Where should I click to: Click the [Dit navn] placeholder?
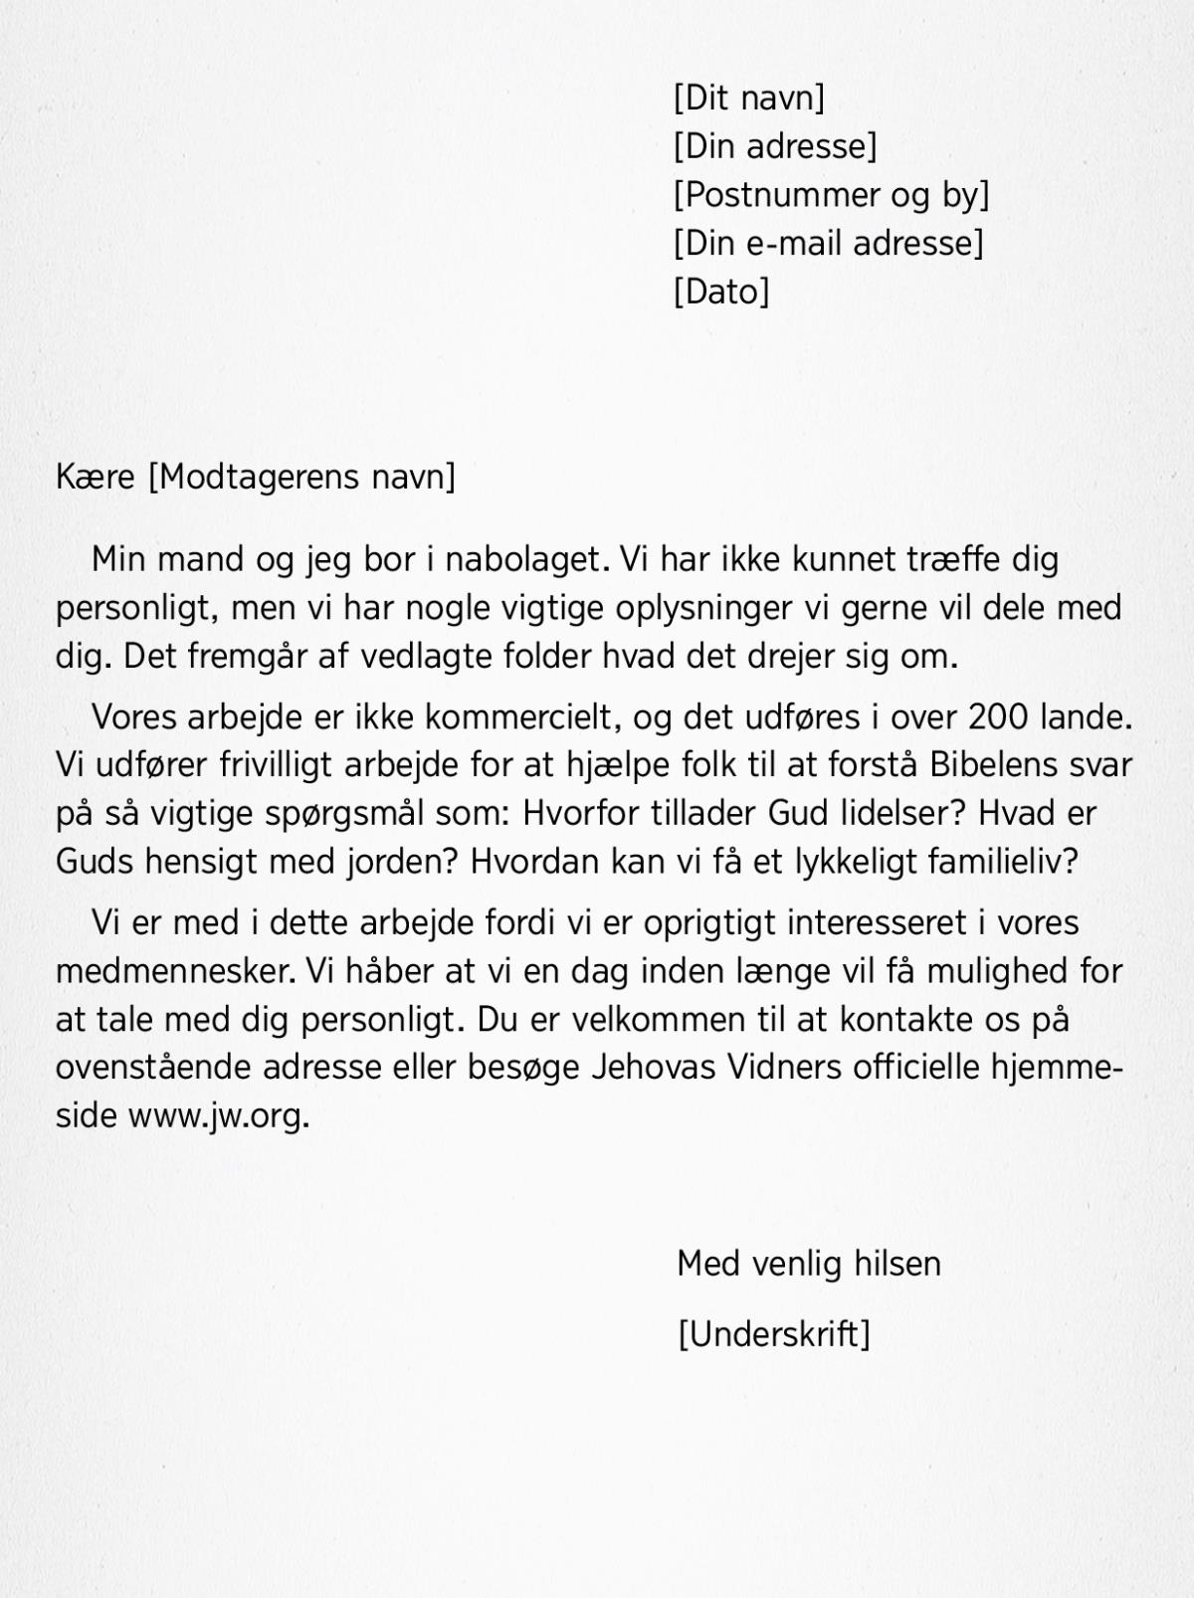coord(749,98)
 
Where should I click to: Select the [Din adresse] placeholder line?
coord(775,146)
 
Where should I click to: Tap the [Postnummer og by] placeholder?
coord(831,195)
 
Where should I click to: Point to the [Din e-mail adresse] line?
coord(828,243)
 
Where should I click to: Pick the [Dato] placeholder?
coord(721,292)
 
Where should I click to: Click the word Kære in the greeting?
coord(96,477)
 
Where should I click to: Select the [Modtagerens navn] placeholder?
coord(301,477)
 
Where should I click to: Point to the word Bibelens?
coord(995,764)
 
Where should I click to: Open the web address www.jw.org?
coord(219,1116)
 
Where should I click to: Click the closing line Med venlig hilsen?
coord(808,1264)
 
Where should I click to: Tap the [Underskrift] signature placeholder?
coord(773,1333)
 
